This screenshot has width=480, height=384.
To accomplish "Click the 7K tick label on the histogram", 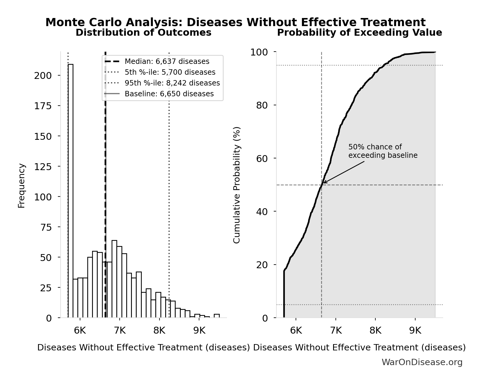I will click(120, 331).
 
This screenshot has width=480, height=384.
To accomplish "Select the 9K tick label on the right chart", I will click(415, 331).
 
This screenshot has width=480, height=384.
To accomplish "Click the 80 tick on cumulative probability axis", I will click(262, 105).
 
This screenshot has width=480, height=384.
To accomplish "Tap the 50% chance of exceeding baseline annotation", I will click(383, 151).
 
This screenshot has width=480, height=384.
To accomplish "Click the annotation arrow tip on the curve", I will click(323, 183).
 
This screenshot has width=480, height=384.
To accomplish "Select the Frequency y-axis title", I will click(22, 185).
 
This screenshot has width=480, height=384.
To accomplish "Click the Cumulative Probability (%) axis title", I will click(237, 185).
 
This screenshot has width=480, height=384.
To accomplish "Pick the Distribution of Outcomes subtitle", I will click(143, 33).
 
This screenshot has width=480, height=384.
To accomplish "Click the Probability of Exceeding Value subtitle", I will click(359, 33).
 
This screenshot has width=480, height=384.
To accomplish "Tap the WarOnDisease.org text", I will click(422, 362).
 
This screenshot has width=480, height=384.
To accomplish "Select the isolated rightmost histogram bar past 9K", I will click(216, 316).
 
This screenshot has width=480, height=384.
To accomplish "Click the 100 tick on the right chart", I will click(259, 52).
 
